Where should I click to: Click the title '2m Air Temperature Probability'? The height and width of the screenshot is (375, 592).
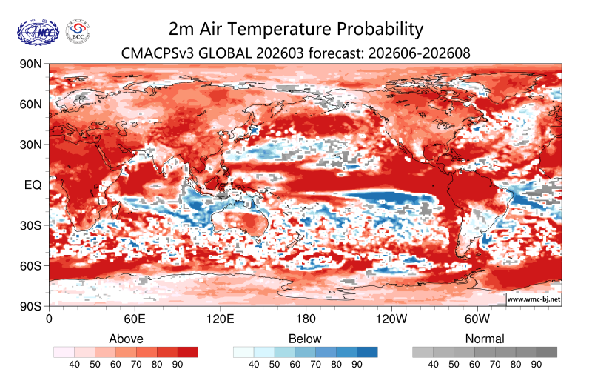pos(296,29)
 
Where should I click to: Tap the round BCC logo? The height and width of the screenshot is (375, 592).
pos(78,31)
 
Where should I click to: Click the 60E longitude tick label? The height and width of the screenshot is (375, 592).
pos(134,319)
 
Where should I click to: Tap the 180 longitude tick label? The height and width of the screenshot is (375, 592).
pos(305,319)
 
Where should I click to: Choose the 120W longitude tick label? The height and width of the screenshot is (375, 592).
pos(391,319)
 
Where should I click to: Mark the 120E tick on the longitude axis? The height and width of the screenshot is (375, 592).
pos(220,319)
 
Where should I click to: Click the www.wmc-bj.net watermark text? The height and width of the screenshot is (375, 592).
pos(533,299)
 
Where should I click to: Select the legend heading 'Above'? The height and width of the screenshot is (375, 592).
pos(126,339)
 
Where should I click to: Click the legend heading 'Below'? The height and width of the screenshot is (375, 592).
pos(306,339)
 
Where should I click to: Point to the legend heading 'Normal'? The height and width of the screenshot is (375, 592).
pos(485,339)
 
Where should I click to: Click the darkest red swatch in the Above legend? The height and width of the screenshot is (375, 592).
pos(189,352)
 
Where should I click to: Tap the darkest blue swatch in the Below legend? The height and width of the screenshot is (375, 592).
pos(368,352)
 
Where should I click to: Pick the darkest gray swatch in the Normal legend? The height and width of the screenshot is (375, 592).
pos(547,352)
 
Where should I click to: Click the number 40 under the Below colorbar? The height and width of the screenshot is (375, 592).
pos(254,365)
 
